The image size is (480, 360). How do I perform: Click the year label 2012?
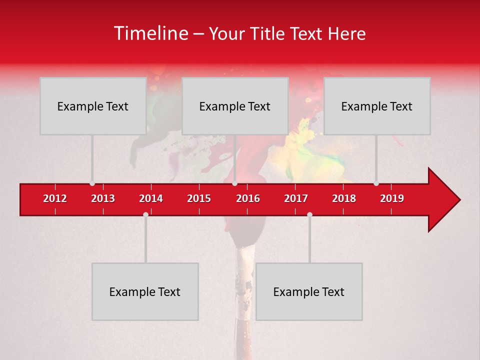coord(55,198)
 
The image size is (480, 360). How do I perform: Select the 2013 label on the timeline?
coord(103,198)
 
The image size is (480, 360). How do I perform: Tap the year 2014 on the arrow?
coord(151,198)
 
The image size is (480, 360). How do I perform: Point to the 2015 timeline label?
coord(199,198)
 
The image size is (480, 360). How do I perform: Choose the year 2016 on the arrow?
coord(248,198)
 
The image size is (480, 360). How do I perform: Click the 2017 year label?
coord(296,198)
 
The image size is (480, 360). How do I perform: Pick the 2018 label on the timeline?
coord(344,198)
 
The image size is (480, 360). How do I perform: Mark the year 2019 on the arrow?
coord(392,198)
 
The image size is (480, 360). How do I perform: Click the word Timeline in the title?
coord(151,33)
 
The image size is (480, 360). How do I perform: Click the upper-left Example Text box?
coord(93,106)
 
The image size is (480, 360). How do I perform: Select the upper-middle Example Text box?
coord(235,106)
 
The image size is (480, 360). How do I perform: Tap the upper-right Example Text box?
coord(377,106)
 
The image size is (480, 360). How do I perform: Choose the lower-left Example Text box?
coord(145,291)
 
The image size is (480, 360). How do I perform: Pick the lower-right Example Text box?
coord(309,291)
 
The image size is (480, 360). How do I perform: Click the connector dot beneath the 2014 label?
coord(145,214)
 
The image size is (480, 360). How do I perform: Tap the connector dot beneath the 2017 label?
coord(309,214)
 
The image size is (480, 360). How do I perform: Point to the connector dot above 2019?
coord(376,183)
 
